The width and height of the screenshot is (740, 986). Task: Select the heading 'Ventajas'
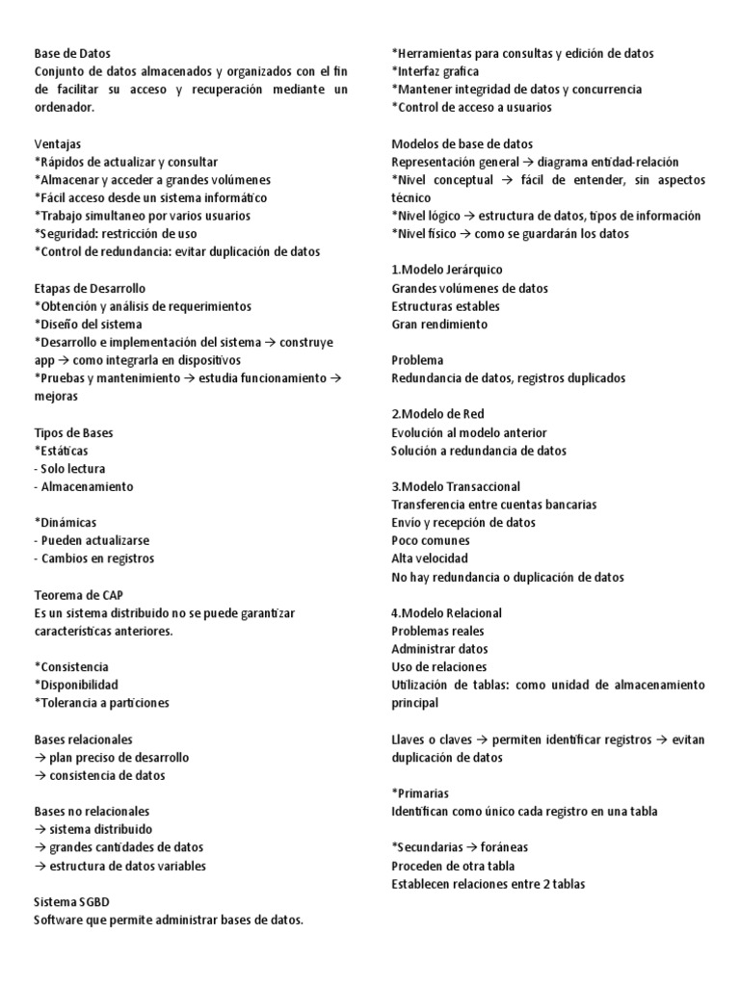pos(58,144)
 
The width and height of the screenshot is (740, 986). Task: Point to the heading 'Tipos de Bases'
pos(73,432)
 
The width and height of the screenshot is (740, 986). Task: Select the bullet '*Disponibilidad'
pos(76,685)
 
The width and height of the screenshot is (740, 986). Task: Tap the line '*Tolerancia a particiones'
pos(101,703)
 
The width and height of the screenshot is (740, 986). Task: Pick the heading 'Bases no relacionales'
pos(92,811)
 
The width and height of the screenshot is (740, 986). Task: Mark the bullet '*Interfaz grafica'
pos(436,72)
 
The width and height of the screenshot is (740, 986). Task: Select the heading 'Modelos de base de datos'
pos(462,144)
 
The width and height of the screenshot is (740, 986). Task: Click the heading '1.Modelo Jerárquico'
pos(447,270)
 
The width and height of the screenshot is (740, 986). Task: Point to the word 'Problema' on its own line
pos(417,360)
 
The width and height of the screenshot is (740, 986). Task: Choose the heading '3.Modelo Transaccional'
pos(456,486)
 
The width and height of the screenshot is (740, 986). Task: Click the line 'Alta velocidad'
pos(430,558)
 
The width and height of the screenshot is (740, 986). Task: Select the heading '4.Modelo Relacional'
pos(446,612)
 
